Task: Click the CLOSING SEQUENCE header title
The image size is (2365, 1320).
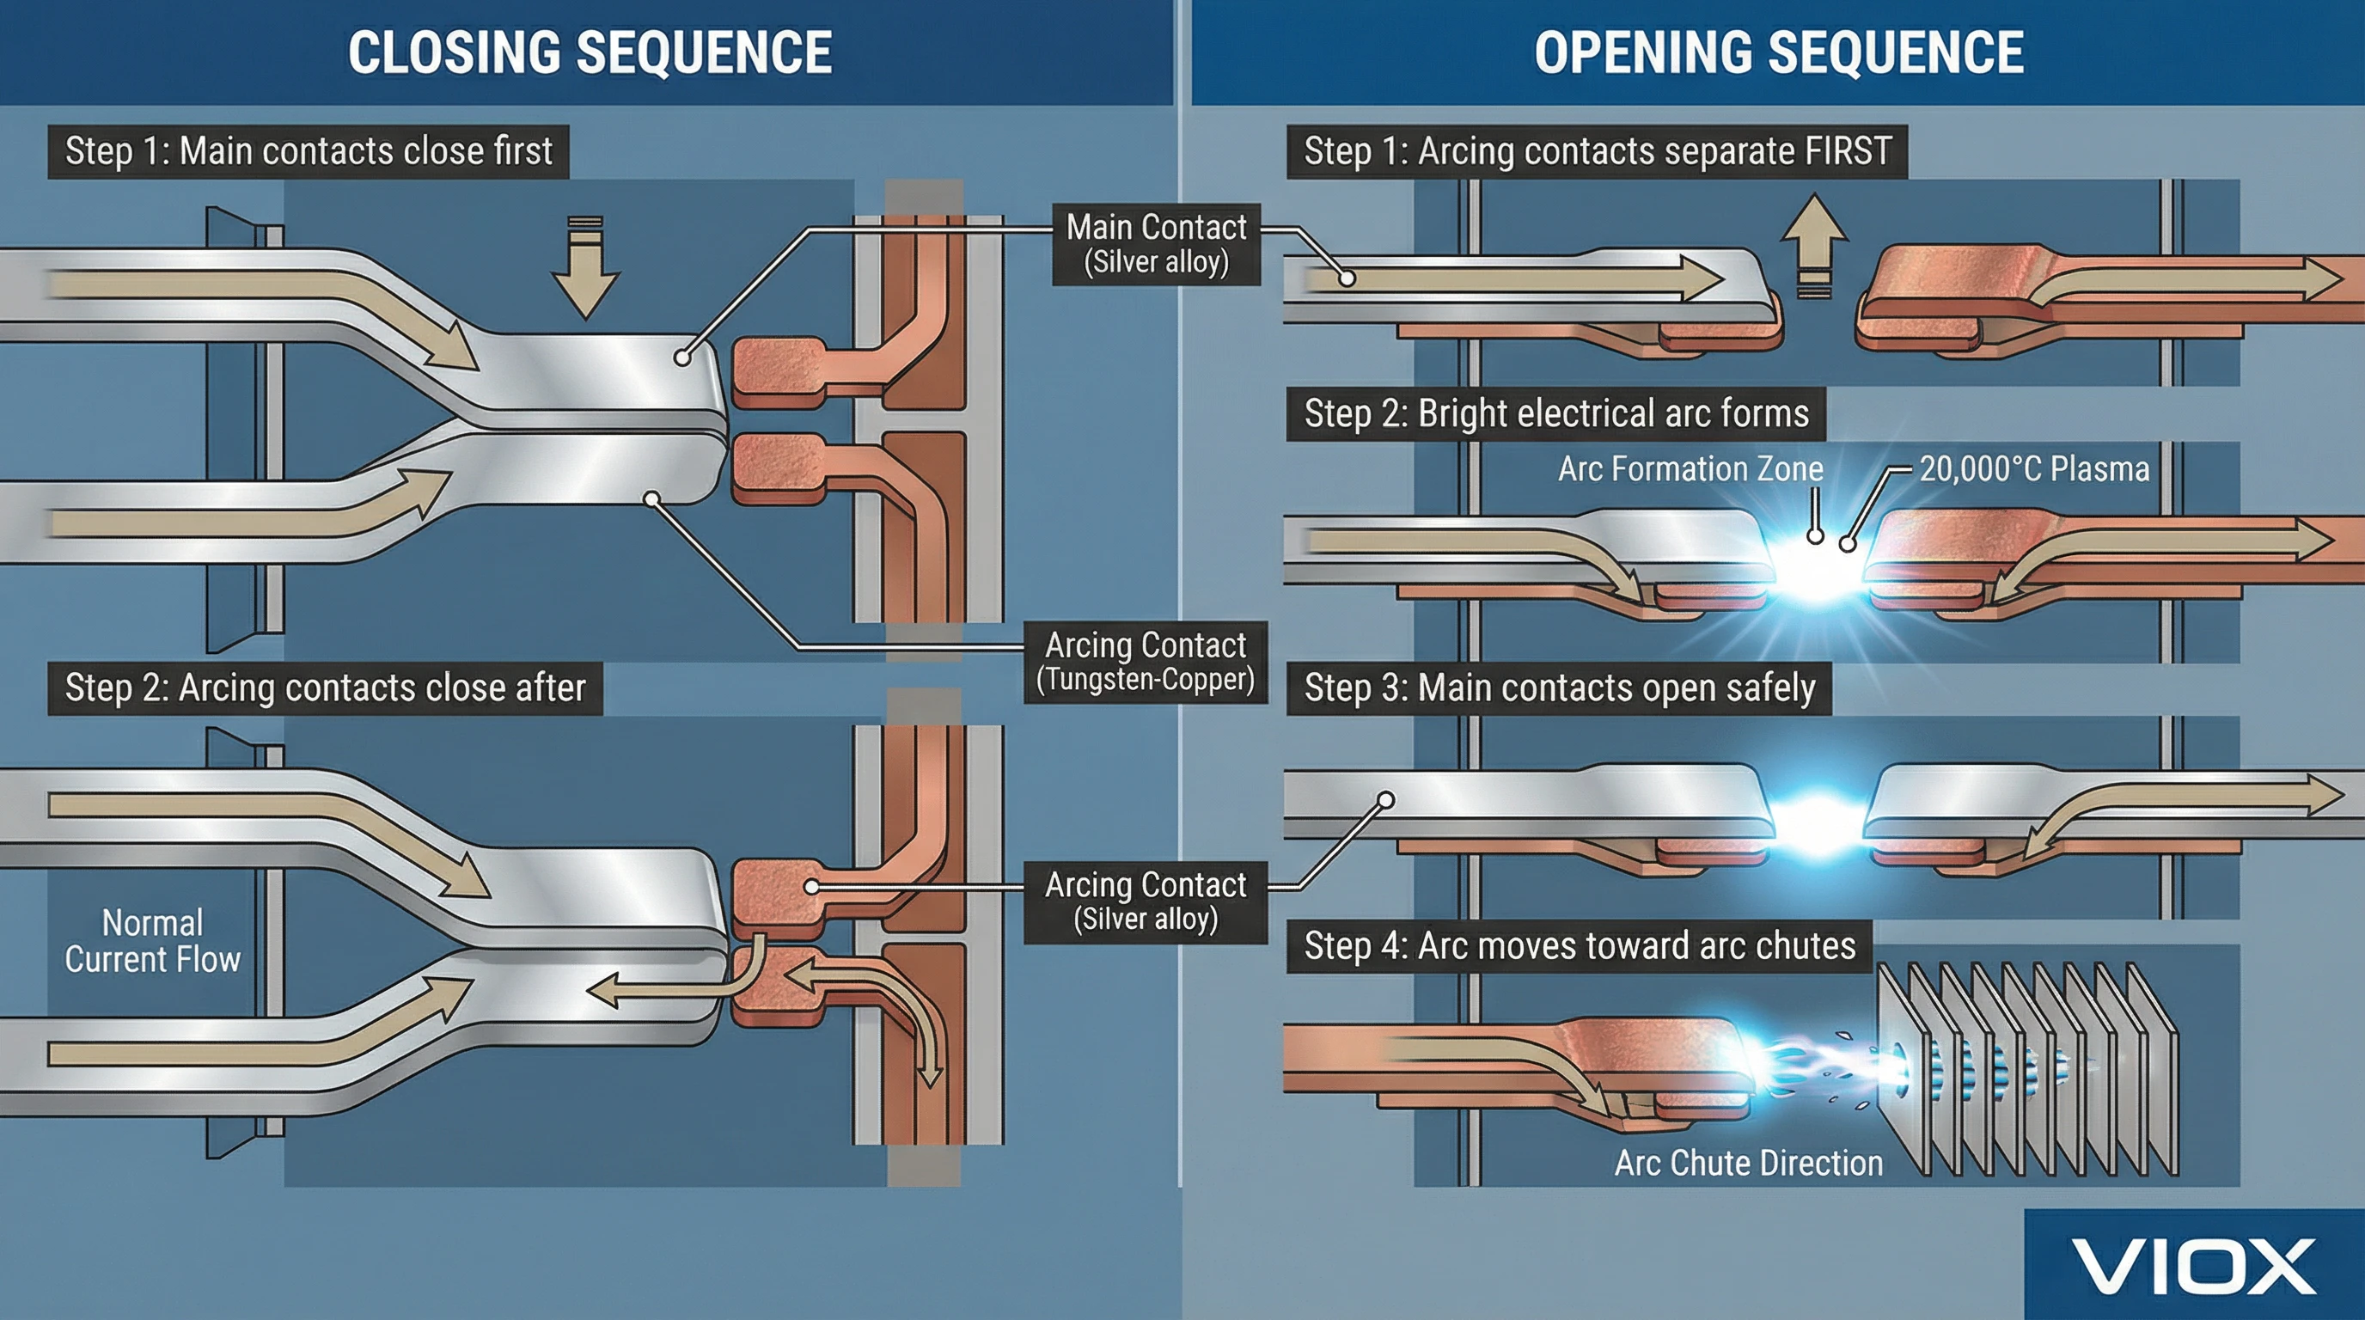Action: [590, 52]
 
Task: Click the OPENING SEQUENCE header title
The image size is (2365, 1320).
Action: [1778, 52]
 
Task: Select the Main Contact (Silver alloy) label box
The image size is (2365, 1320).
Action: [1156, 244]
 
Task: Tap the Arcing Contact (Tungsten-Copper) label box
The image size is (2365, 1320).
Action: [1145, 662]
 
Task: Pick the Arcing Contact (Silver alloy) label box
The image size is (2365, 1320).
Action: [1145, 901]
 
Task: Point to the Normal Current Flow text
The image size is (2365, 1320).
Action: [152, 941]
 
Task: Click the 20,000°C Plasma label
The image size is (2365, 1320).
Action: [2034, 469]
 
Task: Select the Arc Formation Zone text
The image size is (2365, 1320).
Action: [1690, 469]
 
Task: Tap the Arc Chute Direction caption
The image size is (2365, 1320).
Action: [1748, 1163]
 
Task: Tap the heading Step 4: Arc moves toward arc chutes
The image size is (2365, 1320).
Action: [1580, 946]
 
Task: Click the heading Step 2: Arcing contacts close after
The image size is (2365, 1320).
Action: [325, 687]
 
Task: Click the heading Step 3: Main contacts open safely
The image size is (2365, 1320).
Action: [1559, 687]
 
